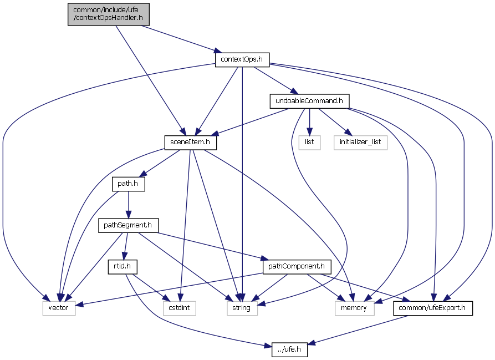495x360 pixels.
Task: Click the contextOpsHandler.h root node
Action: [x=109, y=14]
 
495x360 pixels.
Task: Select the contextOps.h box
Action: [x=242, y=59]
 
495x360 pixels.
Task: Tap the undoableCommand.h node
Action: [x=309, y=101]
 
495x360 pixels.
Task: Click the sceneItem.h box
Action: [x=190, y=143]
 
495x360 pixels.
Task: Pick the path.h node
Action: [x=129, y=184]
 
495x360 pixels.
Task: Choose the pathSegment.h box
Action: [x=129, y=226]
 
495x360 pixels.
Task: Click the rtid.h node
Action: [x=123, y=267]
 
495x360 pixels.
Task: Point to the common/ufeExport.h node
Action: [x=433, y=308]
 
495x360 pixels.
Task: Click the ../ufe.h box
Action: [x=289, y=350]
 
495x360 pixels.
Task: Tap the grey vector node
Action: [x=59, y=308]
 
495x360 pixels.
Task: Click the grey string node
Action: [x=242, y=308]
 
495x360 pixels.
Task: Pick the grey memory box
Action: [x=354, y=308]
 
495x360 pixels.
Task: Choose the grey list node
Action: [x=309, y=143]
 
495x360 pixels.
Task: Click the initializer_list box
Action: [x=360, y=143]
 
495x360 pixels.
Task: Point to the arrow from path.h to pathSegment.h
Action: [x=129, y=205]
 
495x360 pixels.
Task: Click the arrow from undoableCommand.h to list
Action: [x=309, y=121]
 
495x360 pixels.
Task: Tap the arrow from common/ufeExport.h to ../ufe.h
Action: [x=360, y=329]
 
